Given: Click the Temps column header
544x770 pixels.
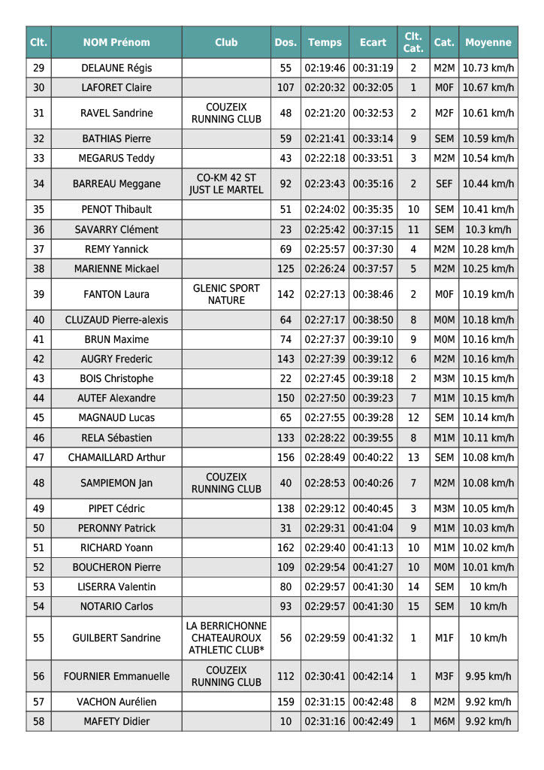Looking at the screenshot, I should click(x=325, y=43).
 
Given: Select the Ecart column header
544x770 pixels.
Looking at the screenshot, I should click(x=373, y=43).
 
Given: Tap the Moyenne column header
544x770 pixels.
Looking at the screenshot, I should click(x=488, y=43).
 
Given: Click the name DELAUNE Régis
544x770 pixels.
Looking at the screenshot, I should click(x=116, y=68).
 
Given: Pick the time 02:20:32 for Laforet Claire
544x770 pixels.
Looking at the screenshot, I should click(x=325, y=87).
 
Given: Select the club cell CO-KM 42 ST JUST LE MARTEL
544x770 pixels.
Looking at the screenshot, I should click(x=226, y=183).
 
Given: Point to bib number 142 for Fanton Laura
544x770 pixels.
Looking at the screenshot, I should click(x=286, y=294).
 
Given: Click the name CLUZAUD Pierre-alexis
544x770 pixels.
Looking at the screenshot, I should click(x=116, y=320).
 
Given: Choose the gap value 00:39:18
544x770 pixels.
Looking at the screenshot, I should click(x=373, y=378).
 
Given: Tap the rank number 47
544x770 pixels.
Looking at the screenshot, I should click(x=39, y=457).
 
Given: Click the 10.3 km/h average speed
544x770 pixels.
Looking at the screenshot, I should click(x=488, y=229).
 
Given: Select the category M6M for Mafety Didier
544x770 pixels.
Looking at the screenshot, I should click(x=444, y=721).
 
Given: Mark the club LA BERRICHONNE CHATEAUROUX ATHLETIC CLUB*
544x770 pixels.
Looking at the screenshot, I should click(x=226, y=638).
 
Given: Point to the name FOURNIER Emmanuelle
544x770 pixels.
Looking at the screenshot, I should click(x=116, y=676).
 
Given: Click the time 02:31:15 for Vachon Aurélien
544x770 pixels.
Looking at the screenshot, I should click(x=325, y=702).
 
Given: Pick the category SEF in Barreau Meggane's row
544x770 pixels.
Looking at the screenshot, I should click(x=444, y=183).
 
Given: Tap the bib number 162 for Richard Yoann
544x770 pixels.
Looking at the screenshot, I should click(x=286, y=547).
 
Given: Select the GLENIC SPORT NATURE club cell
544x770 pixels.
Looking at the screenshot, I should click(x=226, y=294).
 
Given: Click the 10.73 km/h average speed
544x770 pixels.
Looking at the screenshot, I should click(x=488, y=68).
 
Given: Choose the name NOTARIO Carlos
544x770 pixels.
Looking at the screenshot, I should click(x=116, y=606).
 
